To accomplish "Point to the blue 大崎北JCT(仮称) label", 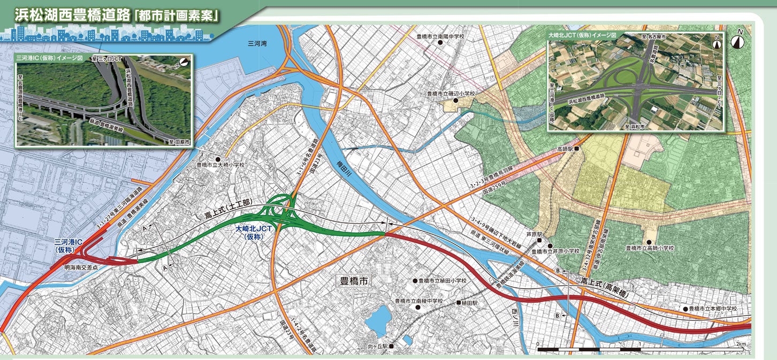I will [x=255, y=231].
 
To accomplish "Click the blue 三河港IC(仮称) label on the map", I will [x=68, y=246].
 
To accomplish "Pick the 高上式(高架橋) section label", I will [x=608, y=286].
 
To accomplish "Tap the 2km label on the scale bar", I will [x=741, y=343].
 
